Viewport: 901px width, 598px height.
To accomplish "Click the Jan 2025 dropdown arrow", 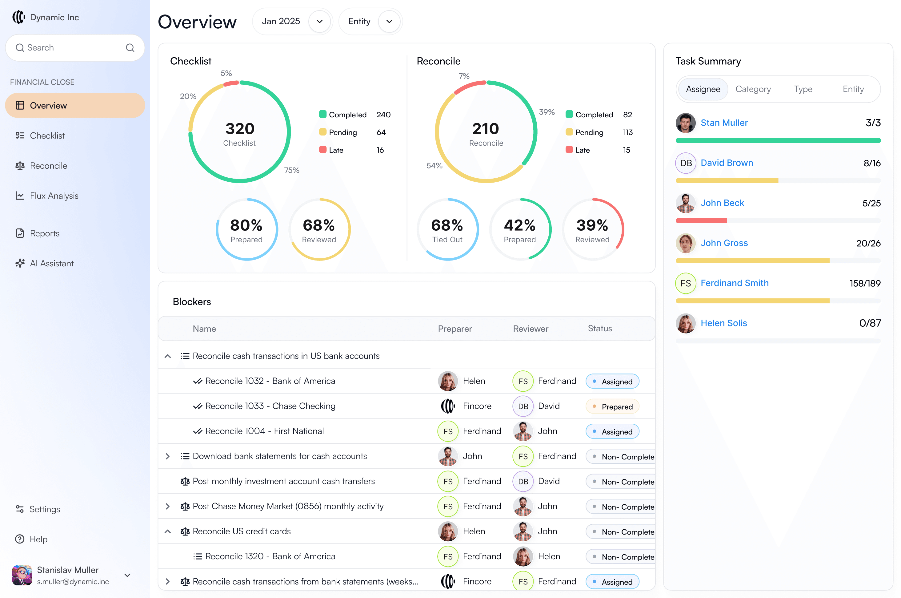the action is click(319, 21).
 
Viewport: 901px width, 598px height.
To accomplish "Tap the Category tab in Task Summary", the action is click(753, 89).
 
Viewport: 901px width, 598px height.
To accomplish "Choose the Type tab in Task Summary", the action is click(803, 89).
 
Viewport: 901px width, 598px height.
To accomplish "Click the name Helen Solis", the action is click(723, 323).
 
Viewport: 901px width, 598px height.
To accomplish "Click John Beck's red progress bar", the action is click(701, 221).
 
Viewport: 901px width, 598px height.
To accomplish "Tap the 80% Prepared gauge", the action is click(246, 229).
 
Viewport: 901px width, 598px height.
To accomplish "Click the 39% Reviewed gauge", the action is click(592, 229).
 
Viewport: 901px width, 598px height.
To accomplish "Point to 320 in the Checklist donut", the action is click(240, 128).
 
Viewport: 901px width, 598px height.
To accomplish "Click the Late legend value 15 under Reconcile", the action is click(626, 150).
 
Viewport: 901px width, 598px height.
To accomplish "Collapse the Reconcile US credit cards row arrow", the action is click(167, 531).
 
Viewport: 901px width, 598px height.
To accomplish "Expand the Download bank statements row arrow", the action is click(167, 456).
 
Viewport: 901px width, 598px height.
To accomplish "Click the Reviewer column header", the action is click(530, 329).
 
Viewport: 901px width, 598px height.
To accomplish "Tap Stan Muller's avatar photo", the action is click(685, 123).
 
